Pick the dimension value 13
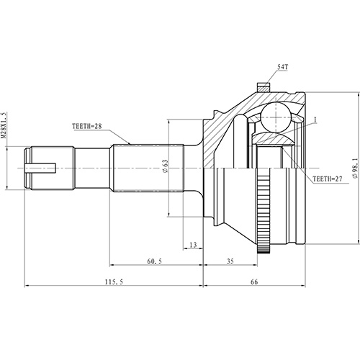[x=192, y=246]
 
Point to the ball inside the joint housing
[x=274, y=115]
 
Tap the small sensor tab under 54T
[x=265, y=86]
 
